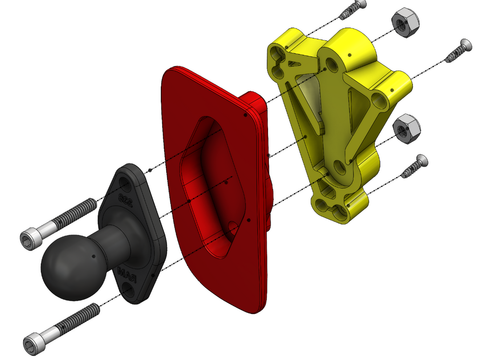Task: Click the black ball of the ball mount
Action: point(67,266)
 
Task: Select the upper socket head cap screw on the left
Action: point(60,227)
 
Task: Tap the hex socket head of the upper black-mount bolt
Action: point(31,239)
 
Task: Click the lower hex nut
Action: point(406,127)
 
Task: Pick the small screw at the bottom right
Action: point(416,167)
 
